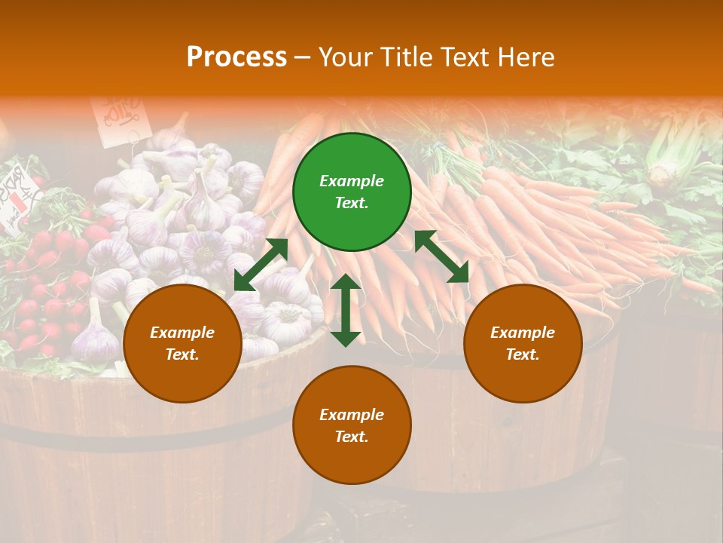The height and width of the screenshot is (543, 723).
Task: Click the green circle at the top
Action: coord(352,192)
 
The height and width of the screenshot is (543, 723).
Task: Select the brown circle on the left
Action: coord(182,344)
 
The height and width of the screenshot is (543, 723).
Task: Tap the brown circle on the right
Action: coord(523,344)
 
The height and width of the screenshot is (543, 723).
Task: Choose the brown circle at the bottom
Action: coord(352,425)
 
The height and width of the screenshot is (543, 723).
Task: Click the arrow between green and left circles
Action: coord(261,264)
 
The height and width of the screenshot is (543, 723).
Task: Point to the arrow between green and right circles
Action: coord(441,256)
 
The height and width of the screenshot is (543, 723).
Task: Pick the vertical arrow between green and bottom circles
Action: coord(346,310)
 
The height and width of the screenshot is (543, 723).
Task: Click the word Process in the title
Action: coord(236,57)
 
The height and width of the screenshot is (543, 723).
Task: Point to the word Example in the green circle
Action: coord(352,181)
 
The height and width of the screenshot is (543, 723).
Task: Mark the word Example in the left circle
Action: coord(182,333)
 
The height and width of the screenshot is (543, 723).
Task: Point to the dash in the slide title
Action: coord(303,57)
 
